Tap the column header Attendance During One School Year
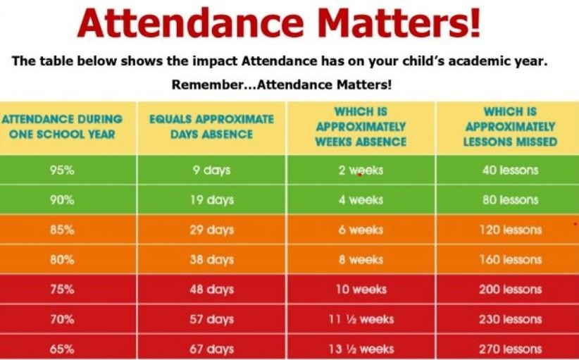click(x=62, y=126)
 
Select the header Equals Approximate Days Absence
click(x=211, y=126)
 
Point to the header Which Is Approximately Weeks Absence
click(x=361, y=126)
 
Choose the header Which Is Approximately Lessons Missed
click(x=510, y=126)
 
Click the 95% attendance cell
click(x=62, y=170)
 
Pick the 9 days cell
click(x=211, y=170)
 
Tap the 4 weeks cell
click(x=361, y=200)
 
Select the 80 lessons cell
click(x=510, y=200)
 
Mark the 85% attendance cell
click(x=62, y=230)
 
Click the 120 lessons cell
click(x=510, y=230)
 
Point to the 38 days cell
click(x=211, y=260)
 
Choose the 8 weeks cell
click(x=361, y=260)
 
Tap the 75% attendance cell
click(x=62, y=290)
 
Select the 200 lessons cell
click(x=510, y=290)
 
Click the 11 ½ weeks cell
click(x=361, y=319)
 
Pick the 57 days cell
click(x=211, y=319)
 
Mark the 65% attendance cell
click(x=62, y=349)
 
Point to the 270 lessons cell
click(x=510, y=349)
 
